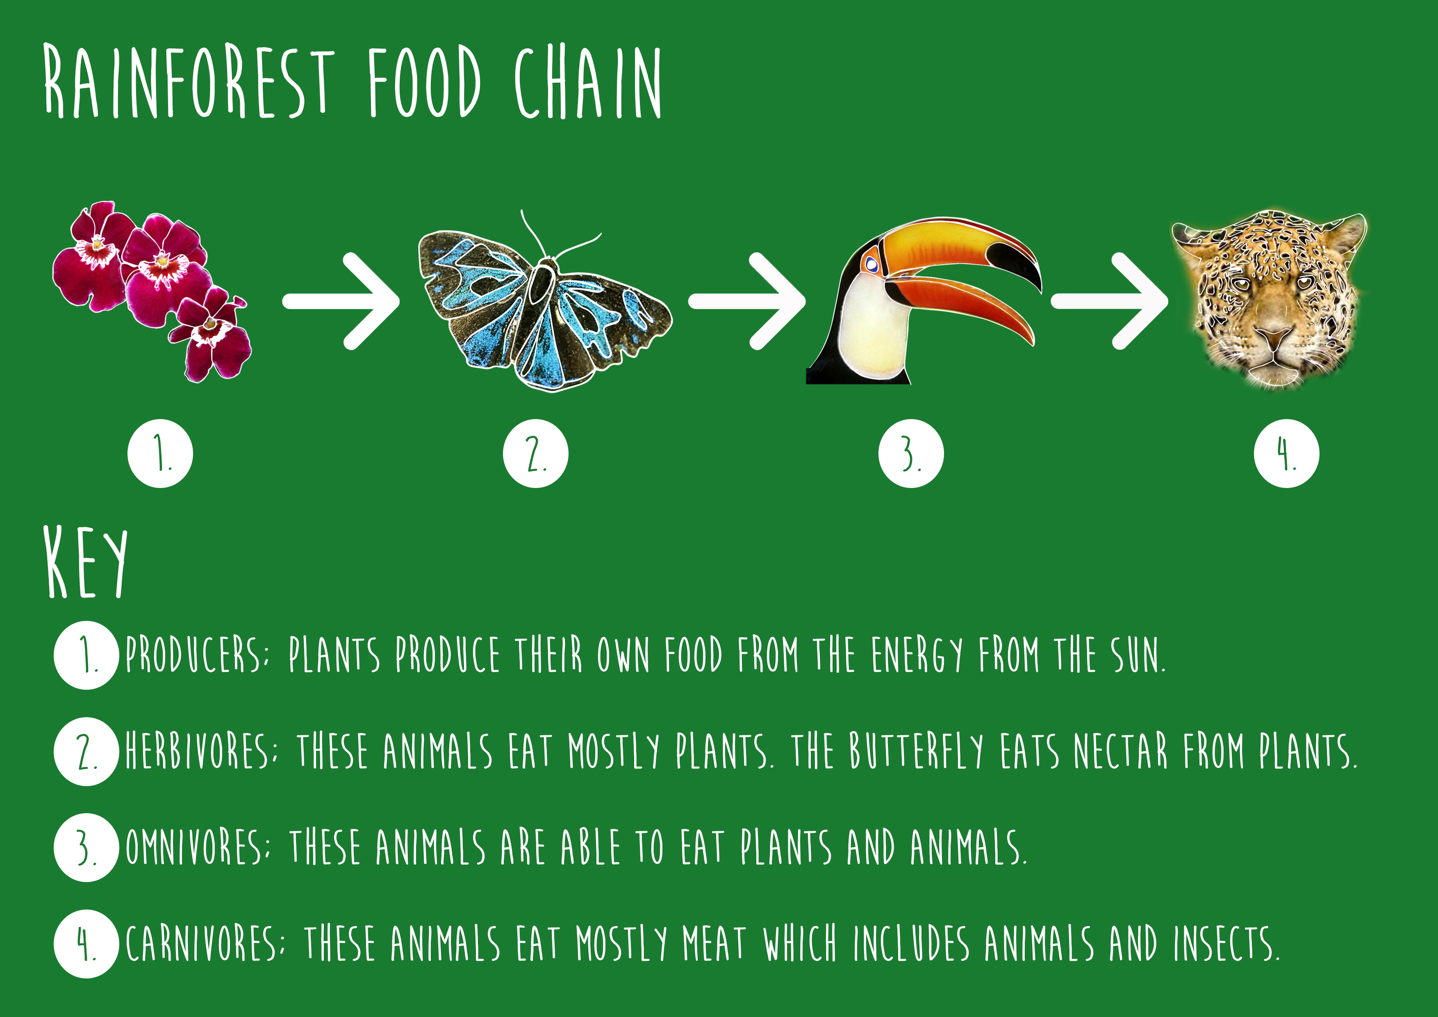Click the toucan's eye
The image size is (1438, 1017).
click(x=871, y=265)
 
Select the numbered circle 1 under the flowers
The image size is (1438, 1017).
click(x=160, y=453)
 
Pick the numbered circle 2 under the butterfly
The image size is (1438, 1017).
click(x=535, y=453)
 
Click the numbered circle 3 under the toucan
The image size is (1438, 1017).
click(x=911, y=453)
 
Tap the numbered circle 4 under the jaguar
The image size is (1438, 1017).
click(x=1286, y=453)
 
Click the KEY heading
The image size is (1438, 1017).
click(x=86, y=562)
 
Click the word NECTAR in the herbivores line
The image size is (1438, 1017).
click(x=1121, y=751)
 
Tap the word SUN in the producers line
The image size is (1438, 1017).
click(x=1138, y=655)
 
